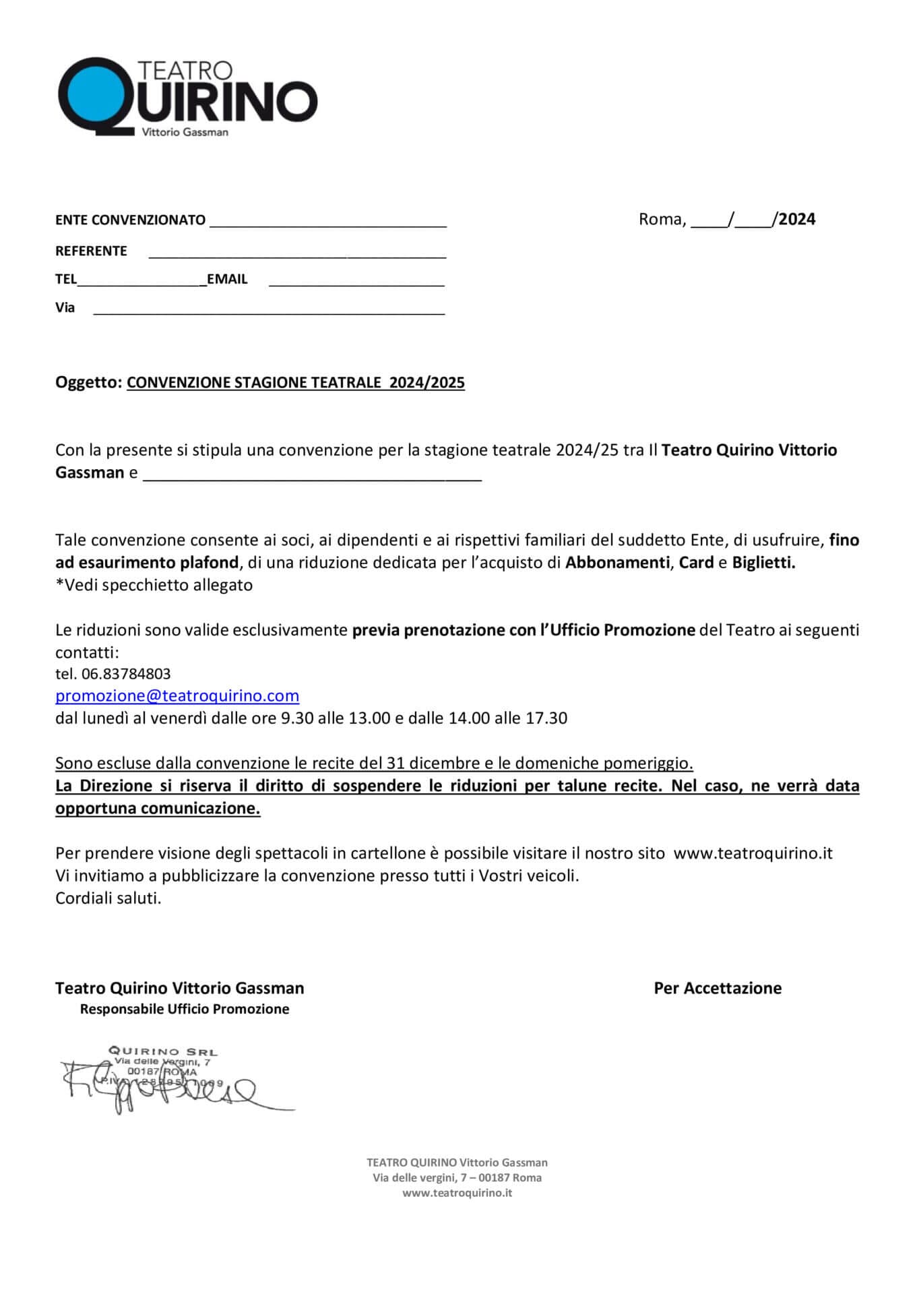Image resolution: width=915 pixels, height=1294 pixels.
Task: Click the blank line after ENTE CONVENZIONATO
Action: click(x=328, y=222)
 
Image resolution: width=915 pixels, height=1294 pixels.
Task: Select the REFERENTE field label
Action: click(x=91, y=251)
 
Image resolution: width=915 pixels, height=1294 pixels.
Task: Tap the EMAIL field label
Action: click(x=227, y=280)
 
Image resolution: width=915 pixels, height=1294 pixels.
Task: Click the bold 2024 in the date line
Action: click(x=797, y=220)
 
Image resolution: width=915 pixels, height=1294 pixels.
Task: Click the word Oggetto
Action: click(x=88, y=383)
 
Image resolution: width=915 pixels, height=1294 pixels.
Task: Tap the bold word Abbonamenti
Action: click(x=617, y=563)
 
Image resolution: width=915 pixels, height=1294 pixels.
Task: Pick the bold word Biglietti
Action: click(x=763, y=563)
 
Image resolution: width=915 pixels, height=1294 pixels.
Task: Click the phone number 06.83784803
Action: click(x=126, y=674)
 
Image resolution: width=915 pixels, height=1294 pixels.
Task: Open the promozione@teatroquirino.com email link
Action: click(x=177, y=696)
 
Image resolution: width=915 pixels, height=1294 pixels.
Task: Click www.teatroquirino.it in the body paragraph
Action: click(x=753, y=854)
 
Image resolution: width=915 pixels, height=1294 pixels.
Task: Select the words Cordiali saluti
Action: click(x=108, y=898)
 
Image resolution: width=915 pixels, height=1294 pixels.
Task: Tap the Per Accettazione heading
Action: click(x=718, y=989)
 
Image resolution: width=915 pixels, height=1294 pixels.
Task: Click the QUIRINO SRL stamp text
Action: click(x=163, y=1051)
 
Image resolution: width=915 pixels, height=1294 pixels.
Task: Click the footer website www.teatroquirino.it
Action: click(x=458, y=1193)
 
